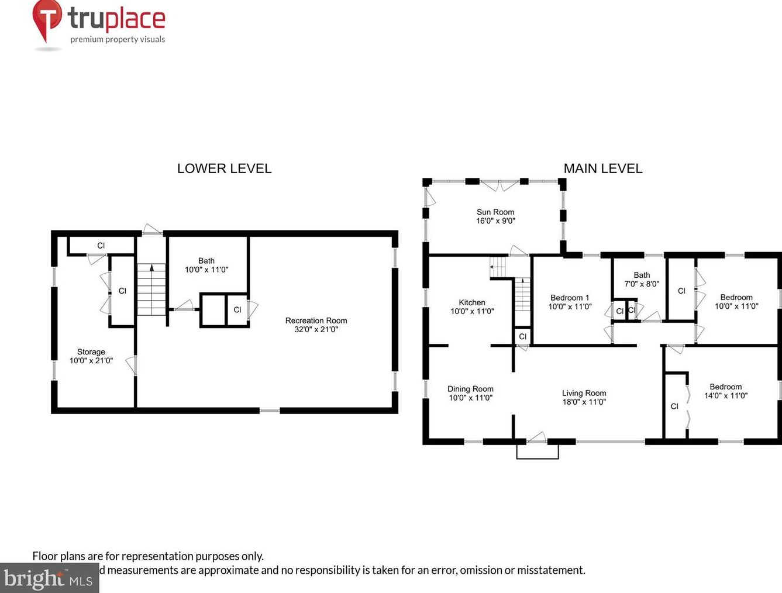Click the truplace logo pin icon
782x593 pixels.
point(47,20)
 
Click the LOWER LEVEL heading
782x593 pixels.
point(224,168)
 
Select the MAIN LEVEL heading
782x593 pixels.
point(602,168)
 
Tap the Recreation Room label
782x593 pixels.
point(316,325)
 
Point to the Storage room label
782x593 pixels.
point(91,356)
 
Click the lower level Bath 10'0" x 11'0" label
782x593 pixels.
point(206,265)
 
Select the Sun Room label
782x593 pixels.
point(495,216)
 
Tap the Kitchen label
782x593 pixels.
point(472,307)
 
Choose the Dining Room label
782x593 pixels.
point(470,393)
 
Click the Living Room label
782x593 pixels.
point(584,398)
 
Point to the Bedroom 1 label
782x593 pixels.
point(570,302)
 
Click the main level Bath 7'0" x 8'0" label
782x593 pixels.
point(642,279)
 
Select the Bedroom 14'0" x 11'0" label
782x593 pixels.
point(725,391)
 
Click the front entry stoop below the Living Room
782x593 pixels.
point(538,451)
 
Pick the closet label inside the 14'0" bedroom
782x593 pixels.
point(674,406)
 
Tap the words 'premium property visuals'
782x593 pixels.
point(118,40)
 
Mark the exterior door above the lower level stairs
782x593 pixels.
point(152,230)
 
